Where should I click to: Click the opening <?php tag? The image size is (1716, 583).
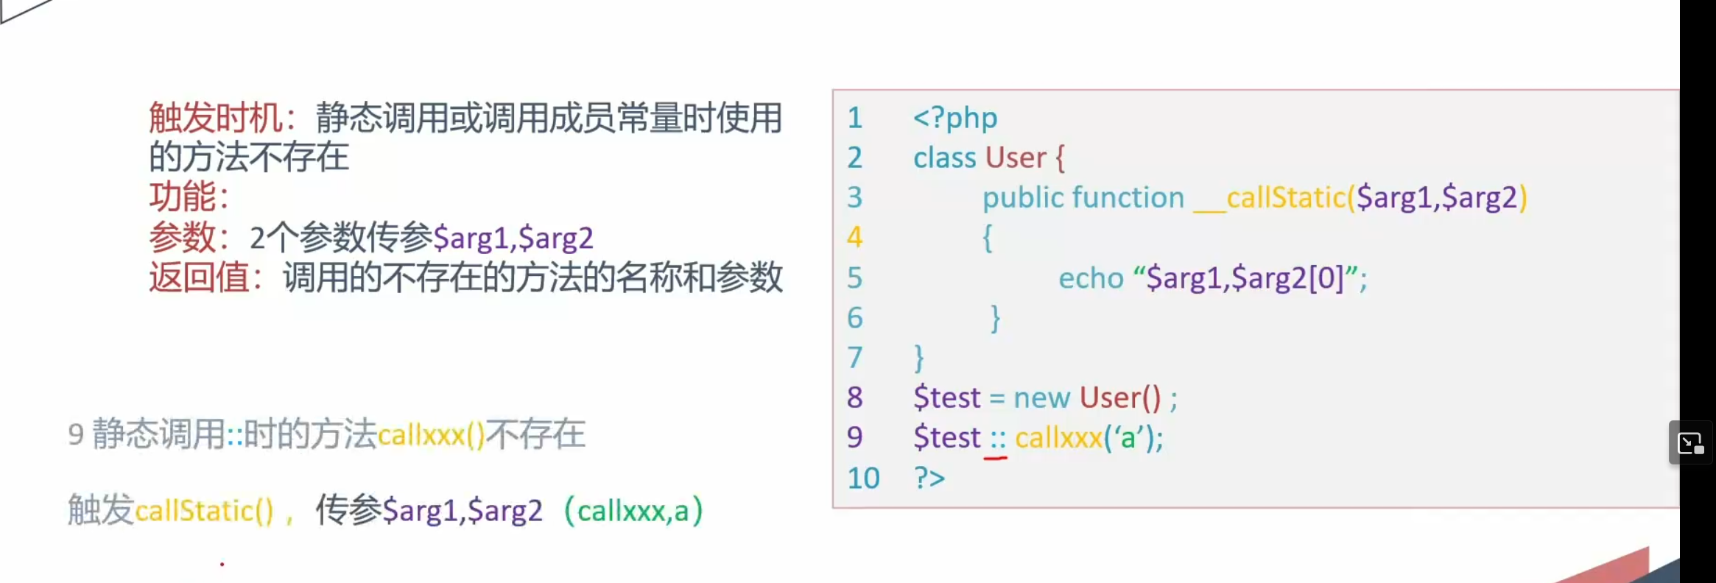pos(955,118)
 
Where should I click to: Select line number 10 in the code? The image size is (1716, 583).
pos(863,478)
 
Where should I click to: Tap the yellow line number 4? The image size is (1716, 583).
pos(854,237)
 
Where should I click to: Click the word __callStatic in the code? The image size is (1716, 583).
pos(1270,197)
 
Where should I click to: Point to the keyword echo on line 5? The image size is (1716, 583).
pos(1091,278)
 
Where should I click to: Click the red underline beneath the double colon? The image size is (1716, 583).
pos(996,458)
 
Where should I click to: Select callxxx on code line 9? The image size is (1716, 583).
pos(1058,438)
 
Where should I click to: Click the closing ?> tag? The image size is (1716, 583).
pos(929,478)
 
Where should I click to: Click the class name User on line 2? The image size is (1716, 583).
pos(1016,158)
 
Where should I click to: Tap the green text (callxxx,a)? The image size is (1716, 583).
pos(633,511)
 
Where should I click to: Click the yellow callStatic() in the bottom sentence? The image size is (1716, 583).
pos(204,511)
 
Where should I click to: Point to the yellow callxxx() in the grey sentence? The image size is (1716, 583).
pos(431,435)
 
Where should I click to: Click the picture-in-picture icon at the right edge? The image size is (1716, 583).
pos(1690,443)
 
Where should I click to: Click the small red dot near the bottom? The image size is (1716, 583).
pos(222,565)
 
